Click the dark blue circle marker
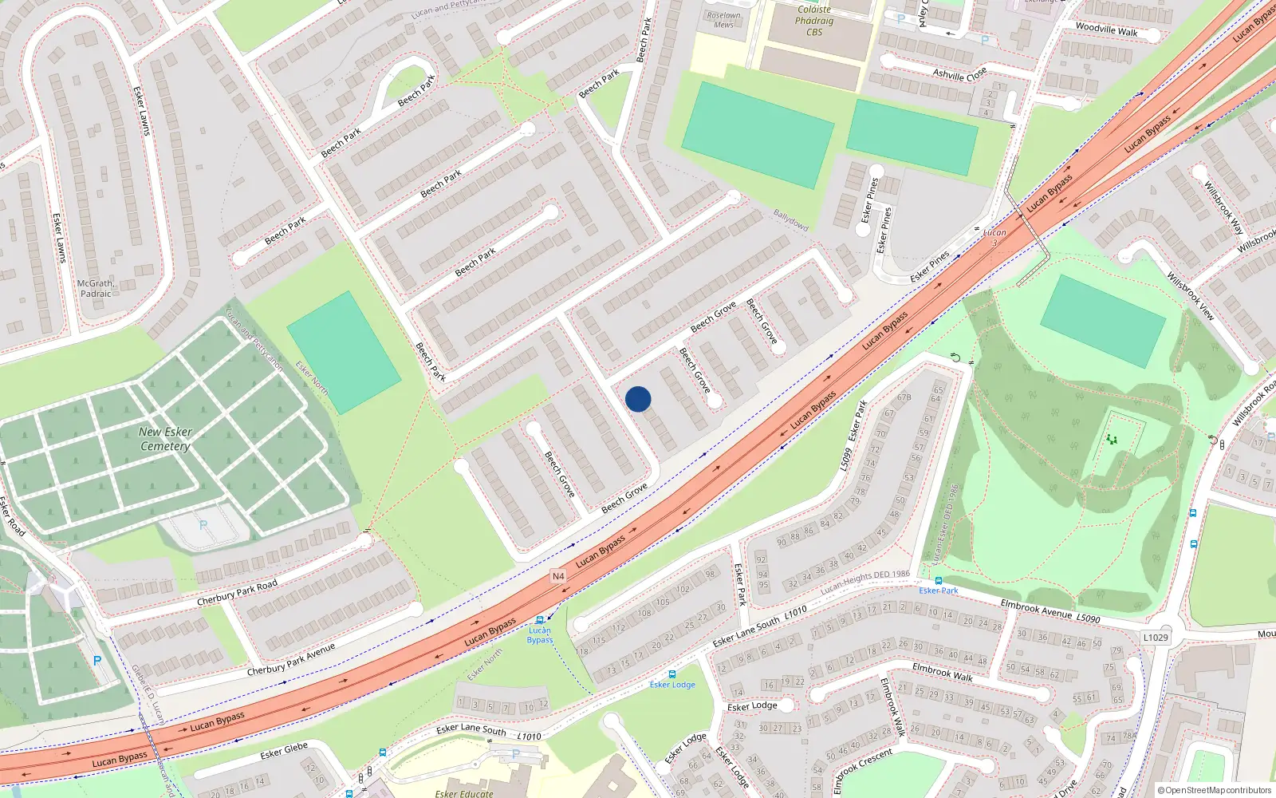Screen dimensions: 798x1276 (638, 399)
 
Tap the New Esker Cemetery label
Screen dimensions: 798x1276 (165, 439)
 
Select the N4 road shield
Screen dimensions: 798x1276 (558, 576)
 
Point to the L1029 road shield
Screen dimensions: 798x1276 (1155, 637)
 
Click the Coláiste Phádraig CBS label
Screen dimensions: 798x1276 (813, 21)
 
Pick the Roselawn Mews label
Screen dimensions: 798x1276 (723, 20)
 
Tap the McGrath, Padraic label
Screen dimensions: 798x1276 (96, 288)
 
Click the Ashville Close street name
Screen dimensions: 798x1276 (959, 74)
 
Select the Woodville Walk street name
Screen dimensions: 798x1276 (1106, 30)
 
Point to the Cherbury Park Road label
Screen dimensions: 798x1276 (238, 592)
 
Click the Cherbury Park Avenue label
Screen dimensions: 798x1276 (290, 660)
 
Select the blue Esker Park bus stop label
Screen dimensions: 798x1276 (939, 591)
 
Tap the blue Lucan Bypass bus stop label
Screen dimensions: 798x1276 (540, 635)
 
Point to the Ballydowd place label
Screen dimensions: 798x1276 (790, 220)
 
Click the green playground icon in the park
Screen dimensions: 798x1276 (1112, 439)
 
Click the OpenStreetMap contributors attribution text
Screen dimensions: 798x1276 (1214, 790)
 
